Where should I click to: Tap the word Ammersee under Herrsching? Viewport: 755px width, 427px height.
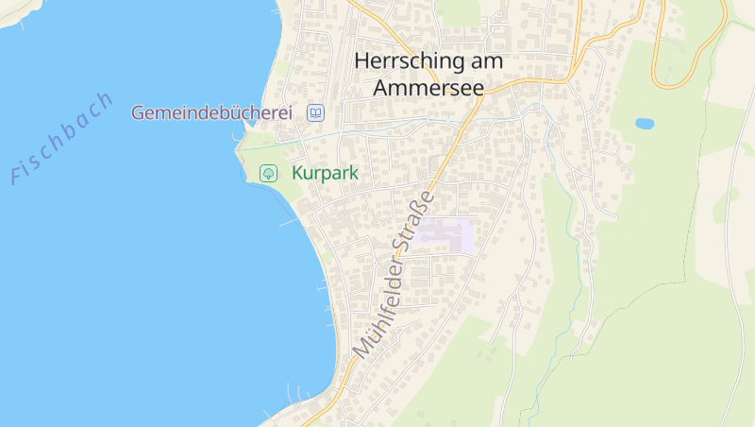point(428,88)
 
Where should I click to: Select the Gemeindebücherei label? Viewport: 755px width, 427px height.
point(211,112)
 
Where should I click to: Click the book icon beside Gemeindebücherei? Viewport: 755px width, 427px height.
point(316,113)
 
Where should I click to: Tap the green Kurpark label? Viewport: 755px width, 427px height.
point(327,173)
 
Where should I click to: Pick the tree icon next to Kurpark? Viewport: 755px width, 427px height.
point(268,173)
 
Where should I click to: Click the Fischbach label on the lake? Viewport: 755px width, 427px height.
point(61,138)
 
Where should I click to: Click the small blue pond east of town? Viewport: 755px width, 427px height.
point(645,124)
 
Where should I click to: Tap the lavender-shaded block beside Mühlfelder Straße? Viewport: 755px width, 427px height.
point(445,234)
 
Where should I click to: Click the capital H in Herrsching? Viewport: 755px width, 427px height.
point(362,61)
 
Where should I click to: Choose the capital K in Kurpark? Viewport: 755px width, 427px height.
point(297,173)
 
